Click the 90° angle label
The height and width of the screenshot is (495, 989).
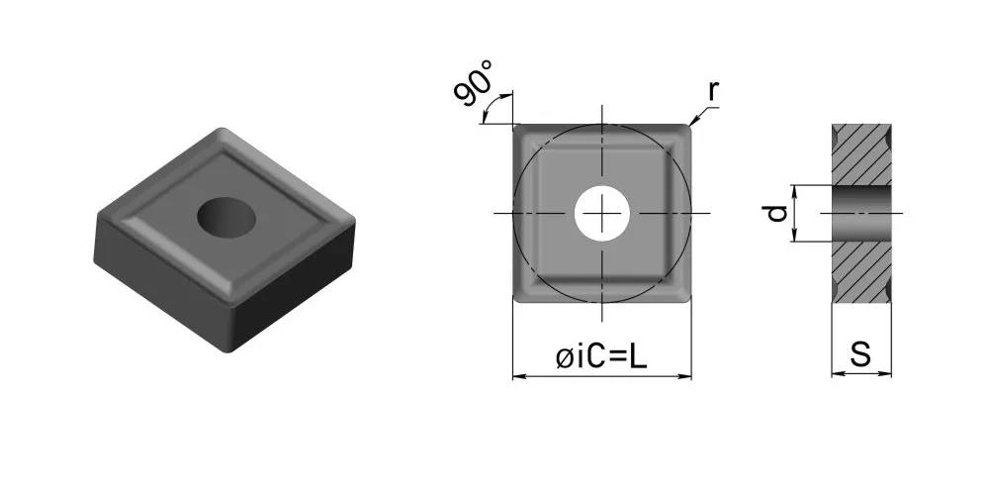coord(473,83)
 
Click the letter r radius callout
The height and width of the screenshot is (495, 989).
coord(713,90)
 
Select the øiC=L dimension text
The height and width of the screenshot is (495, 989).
coord(601,357)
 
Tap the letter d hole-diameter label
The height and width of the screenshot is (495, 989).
coord(779,214)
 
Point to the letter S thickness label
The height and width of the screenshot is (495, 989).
coord(860,354)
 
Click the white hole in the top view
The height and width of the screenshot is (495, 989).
coord(602,213)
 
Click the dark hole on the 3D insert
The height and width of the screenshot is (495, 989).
coord(225,217)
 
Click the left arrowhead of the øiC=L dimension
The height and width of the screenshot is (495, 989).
coord(518,377)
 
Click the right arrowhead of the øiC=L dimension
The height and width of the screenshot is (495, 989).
coord(685,377)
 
